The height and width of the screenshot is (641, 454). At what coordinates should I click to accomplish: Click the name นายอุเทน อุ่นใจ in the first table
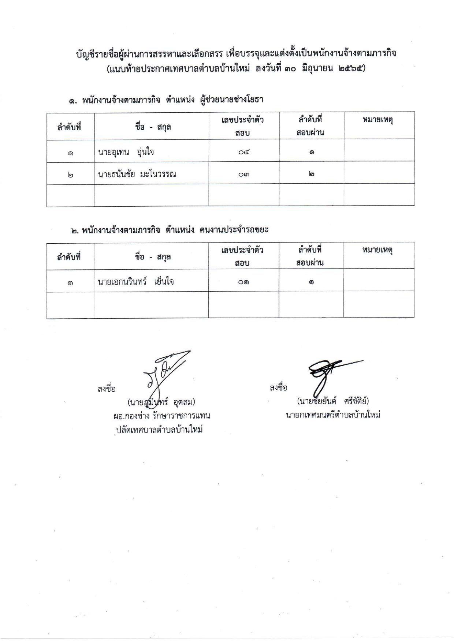[126, 152]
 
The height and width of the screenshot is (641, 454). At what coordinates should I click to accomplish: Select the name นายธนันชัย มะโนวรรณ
[137, 174]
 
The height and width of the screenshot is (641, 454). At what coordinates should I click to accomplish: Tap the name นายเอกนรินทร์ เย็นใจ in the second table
[136, 282]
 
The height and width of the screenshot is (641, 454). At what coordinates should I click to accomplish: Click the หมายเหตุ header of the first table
[377, 120]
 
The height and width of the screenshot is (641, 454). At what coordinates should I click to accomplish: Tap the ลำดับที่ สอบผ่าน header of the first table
[310, 126]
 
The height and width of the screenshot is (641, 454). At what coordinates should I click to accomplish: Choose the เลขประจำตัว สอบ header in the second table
[242, 256]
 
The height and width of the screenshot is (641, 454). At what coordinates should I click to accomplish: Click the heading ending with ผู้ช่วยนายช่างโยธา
[167, 100]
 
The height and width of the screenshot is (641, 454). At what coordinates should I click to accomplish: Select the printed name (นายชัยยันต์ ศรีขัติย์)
[333, 401]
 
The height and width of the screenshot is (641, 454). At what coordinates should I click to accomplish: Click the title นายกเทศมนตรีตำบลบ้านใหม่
[333, 415]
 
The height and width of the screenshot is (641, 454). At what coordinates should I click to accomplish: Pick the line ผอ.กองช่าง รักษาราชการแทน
[161, 416]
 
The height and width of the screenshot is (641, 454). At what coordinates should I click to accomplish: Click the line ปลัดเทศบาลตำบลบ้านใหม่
[159, 430]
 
